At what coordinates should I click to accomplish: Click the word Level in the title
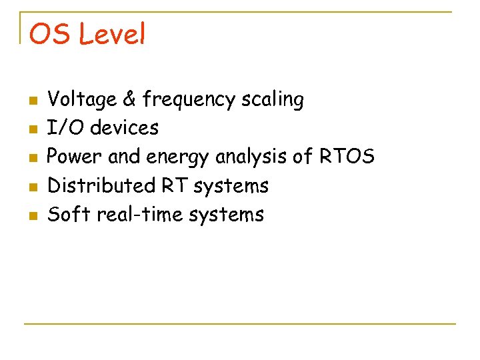point(111,35)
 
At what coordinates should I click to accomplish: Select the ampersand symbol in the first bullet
point(129,99)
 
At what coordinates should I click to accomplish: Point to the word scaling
point(273,101)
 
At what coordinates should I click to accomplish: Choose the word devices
point(125,127)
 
